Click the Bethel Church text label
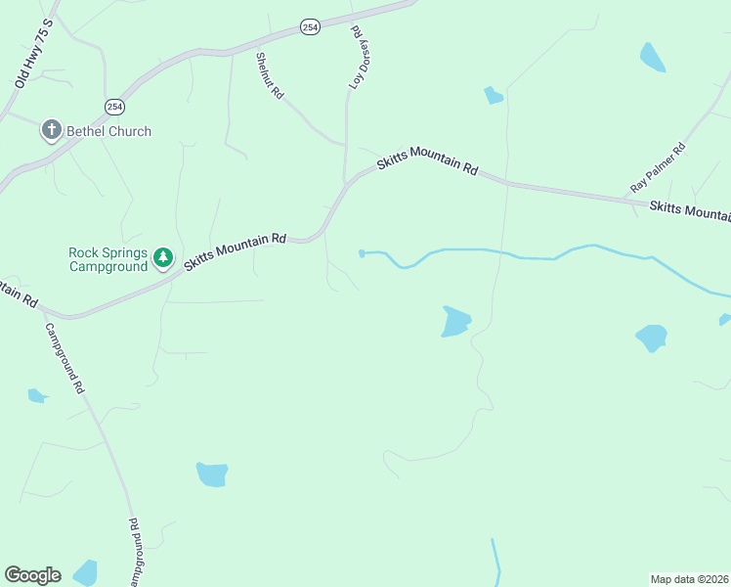(x=108, y=131)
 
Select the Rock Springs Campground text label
(x=107, y=258)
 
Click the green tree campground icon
(x=163, y=258)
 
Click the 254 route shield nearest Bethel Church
(x=114, y=106)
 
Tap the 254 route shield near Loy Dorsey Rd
(x=310, y=27)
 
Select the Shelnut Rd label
(x=270, y=75)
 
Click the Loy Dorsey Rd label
(x=360, y=58)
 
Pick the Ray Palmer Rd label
(x=658, y=167)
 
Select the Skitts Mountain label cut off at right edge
(x=690, y=209)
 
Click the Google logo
(x=32, y=575)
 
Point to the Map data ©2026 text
(x=689, y=579)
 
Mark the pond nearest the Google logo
(x=86, y=572)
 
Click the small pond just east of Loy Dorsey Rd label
(x=494, y=95)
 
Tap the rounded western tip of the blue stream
(x=363, y=253)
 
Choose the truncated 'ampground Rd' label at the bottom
(x=134, y=554)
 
